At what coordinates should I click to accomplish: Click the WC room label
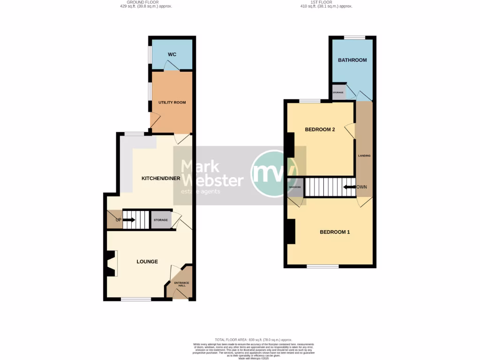coord(172,55)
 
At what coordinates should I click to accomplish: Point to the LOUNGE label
coord(147,262)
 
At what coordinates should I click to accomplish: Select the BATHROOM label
coord(352,60)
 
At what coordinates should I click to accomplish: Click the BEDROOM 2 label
coord(320,129)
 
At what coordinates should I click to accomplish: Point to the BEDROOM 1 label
coord(335,232)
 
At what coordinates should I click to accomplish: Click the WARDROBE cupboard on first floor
coord(295,187)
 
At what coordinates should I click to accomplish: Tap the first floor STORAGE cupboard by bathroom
coord(338,92)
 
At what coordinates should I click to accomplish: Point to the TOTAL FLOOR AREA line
coord(253,339)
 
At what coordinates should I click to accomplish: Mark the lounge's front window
coord(136,299)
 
